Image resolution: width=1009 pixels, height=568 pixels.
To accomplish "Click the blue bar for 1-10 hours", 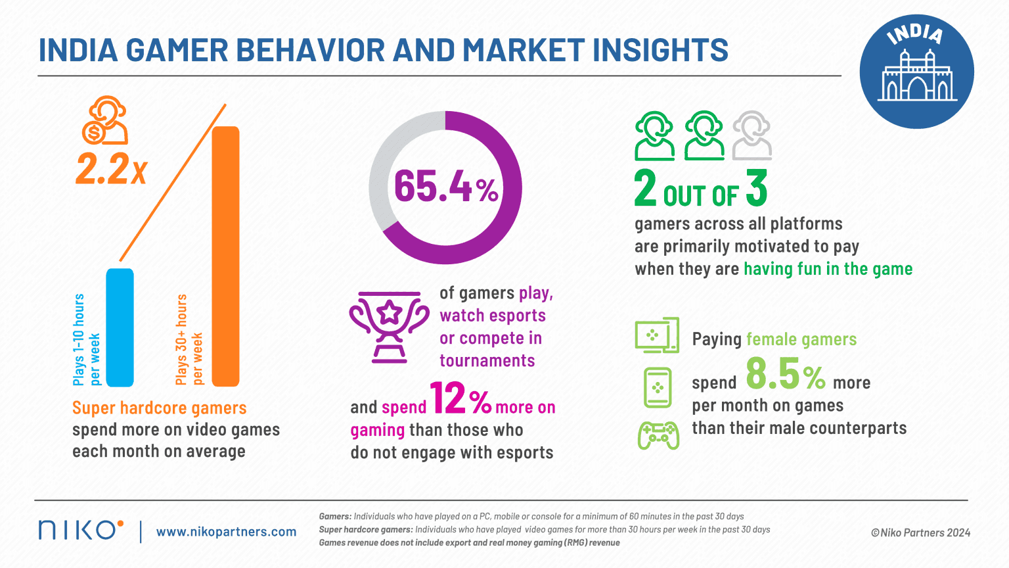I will [120, 327].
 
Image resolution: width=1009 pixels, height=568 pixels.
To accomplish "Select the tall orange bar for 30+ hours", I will [226, 256].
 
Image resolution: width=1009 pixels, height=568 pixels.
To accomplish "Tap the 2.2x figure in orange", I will [110, 170].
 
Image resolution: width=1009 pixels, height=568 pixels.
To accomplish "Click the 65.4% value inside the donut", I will [445, 186].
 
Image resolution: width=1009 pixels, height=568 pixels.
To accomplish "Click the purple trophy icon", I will [389, 327].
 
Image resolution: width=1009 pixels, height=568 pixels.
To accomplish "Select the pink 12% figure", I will [460, 399].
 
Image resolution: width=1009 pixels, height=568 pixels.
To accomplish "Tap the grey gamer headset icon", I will [751, 135].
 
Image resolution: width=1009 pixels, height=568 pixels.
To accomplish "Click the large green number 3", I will [756, 188].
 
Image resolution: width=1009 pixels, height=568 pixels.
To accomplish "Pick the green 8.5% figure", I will [786, 375].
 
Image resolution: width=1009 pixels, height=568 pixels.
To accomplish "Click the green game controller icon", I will [658, 435].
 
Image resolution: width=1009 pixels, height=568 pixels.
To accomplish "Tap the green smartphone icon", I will [657, 387].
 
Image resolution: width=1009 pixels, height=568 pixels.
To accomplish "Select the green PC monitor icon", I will [656, 335].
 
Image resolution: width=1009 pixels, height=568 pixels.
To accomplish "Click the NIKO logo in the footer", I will [80, 530].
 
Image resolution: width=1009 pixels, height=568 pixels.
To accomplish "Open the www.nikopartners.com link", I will [226, 532].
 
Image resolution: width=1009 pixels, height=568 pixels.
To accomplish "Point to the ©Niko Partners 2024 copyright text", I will [920, 532].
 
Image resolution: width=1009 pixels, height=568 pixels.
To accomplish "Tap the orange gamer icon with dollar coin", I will [105, 121].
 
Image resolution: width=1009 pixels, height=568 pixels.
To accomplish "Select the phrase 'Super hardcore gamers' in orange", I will [159, 408].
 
